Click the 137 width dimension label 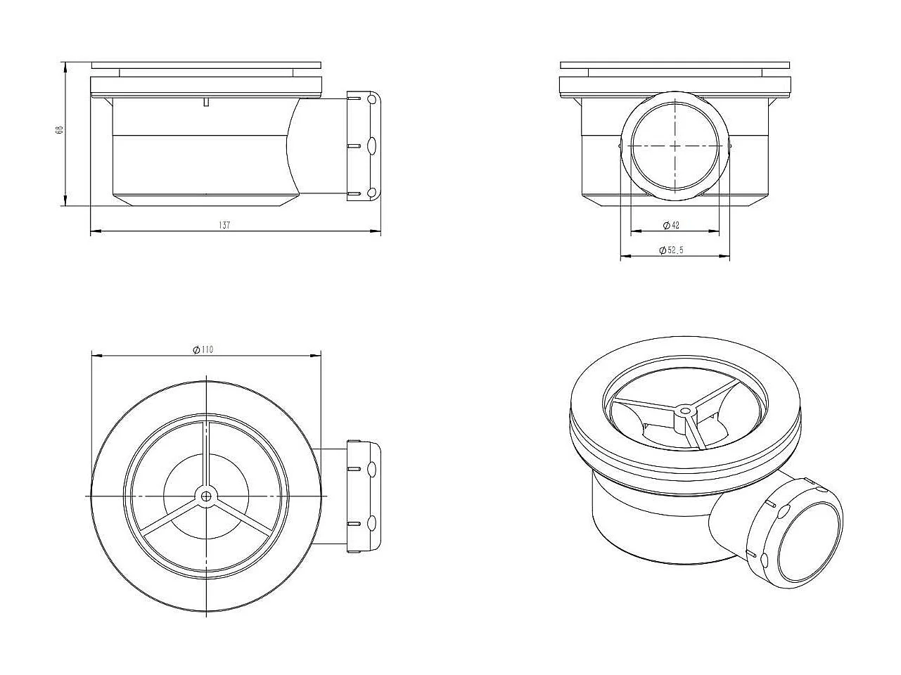(x=224, y=225)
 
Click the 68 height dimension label (x=60, y=130)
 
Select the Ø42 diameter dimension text (x=671, y=225)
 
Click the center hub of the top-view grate (x=205, y=496)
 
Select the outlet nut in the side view (x=364, y=146)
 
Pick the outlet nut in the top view (x=364, y=495)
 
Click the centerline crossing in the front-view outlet (x=675, y=146)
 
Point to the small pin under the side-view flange (x=205, y=103)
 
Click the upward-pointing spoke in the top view (x=205, y=454)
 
